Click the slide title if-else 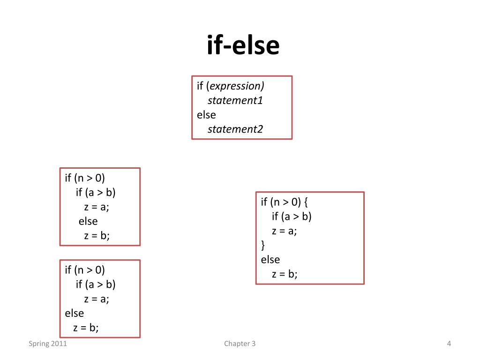pyautogui.click(x=243, y=45)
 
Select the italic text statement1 pyautogui.click(x=235, y=100)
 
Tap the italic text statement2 pyautogui.click(x=235, y=129)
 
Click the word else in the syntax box pyautogui.click(x=206, y=115)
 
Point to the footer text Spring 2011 pyautogui.click(x=48, y=344)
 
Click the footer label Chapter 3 pyautogui.click(x=240, y=344)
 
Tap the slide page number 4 pyautogui.click(x=449, y=344)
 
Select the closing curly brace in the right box pyautogui.click(x=263, y=245)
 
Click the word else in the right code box pyautogui.click(x=270, y=259)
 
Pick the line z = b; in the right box pyautogui.click(x=285, y=274)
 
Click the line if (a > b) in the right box pyautogui.click(x=292, y=216)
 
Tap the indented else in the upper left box pyautogui.click(x=88, y=221)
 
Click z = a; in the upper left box pyautogui.click(x=97, y=207)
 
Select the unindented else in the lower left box pyautogui.click(x=75, y=313)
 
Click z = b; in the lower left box pyautogui.click(x=86, y=327)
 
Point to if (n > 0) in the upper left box pyautogui.click(x=85, y=178)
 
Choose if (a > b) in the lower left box pyautogui.click(x=96, y=284)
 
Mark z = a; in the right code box pyautogui.click(x=285, y=231)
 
